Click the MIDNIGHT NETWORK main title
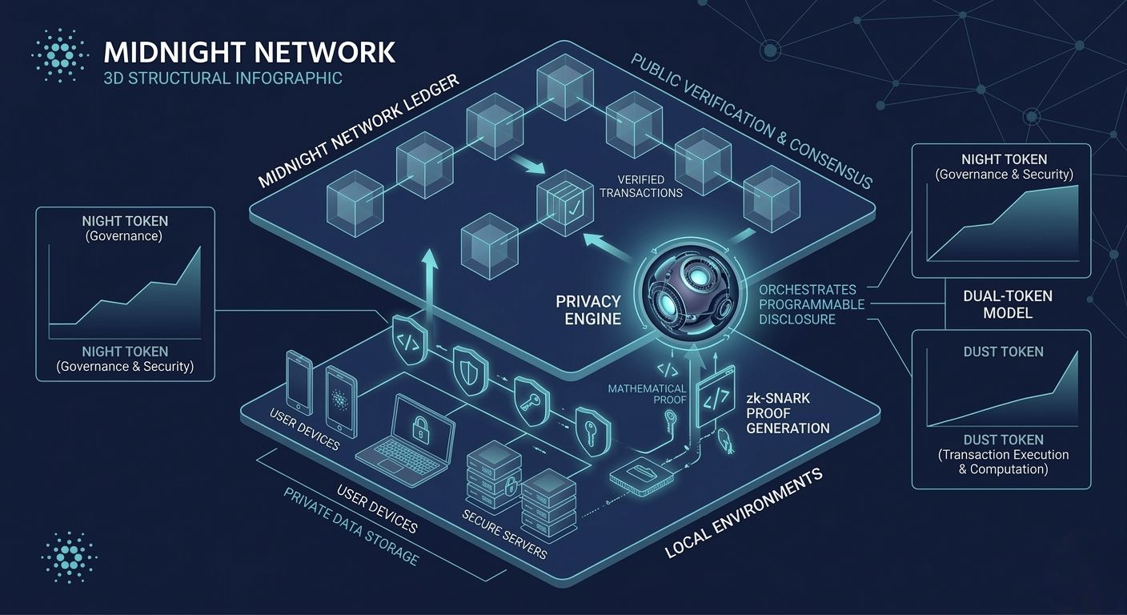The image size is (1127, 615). (249, 52)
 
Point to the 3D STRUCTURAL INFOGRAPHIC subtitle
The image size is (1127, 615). (223, 78)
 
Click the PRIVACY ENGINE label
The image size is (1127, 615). (588, 310)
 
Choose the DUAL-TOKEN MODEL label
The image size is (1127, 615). (1007, 303)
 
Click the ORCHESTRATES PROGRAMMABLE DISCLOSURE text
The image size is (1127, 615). (812, 304)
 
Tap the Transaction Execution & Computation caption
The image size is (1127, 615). (1003, 461)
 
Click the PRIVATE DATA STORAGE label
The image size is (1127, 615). (351, 525)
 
